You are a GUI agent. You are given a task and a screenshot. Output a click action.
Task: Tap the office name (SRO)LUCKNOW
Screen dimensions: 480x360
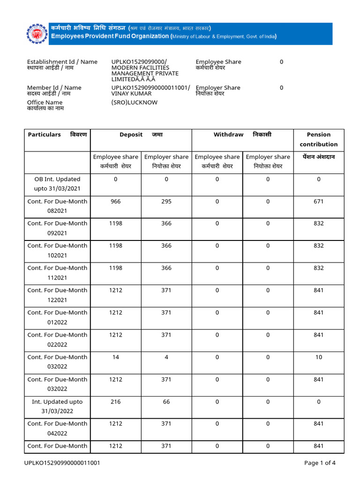(135, 102)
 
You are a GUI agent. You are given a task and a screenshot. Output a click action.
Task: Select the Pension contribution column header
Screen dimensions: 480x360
(319, 139)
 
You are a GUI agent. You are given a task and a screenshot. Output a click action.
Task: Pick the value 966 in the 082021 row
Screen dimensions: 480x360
(115, 202)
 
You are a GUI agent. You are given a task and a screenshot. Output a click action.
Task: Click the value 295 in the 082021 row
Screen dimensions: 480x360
(166, 202)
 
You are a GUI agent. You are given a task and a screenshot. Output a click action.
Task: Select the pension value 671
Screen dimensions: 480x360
(319, 202)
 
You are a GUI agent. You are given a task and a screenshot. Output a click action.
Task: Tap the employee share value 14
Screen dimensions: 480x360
(115, 357)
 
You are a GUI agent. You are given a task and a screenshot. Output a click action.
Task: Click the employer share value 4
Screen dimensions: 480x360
(166, 357)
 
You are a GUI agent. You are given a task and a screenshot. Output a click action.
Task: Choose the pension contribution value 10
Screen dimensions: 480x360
(319, 357)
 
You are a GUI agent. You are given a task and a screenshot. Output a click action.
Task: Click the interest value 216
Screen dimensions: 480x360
(115, 402)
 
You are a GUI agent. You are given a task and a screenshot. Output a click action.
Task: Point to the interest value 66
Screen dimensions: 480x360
(166, 402)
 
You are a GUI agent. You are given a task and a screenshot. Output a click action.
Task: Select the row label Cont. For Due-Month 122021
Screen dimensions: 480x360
(57, 295)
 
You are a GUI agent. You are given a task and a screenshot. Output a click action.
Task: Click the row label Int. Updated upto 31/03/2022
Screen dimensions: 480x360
(57, 406)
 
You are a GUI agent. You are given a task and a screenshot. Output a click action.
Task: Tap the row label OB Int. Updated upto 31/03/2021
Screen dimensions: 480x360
(57, 184)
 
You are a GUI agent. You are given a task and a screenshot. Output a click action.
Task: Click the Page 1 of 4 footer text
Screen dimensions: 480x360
(320, 463)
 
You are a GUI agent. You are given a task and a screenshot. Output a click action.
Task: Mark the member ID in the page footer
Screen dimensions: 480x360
(62, 463)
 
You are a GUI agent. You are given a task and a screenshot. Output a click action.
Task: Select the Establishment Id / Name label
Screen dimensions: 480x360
(62, 62)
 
